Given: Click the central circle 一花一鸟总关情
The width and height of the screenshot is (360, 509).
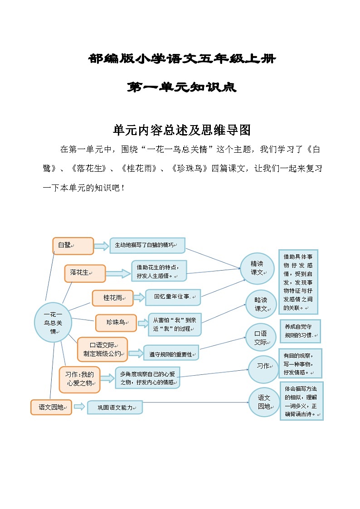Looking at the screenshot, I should (x=53, y=322).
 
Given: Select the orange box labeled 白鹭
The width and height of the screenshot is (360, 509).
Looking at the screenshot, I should (x=73, y=246).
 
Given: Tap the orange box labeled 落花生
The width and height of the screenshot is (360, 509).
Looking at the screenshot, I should (x=85, y=273).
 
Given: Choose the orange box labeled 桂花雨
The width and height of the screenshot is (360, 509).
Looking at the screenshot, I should (x=113, y=298).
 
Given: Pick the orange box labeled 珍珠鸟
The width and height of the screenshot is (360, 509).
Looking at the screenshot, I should (x=116, y=323).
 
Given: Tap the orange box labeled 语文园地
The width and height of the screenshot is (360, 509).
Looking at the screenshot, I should (x=51, y=407).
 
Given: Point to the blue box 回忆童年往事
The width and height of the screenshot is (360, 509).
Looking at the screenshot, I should (x=173, y=297).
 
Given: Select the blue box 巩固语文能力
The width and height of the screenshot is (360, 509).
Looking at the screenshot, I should (x=115, y=407).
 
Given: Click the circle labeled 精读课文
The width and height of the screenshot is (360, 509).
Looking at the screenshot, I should (x=258, y=268).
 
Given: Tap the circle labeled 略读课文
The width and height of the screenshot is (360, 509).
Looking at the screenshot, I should (x=261, y=304).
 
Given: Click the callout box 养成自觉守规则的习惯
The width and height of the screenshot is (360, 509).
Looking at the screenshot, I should (x=301, y=331).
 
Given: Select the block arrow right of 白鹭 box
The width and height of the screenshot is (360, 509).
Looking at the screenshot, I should (x=102, y=246).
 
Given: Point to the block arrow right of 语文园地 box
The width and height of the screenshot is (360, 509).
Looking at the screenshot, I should (x=79, y=407).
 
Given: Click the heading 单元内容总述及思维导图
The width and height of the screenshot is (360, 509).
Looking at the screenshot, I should (x=181, y=131).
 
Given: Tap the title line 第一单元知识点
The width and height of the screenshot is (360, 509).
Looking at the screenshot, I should (x=181, y=87).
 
